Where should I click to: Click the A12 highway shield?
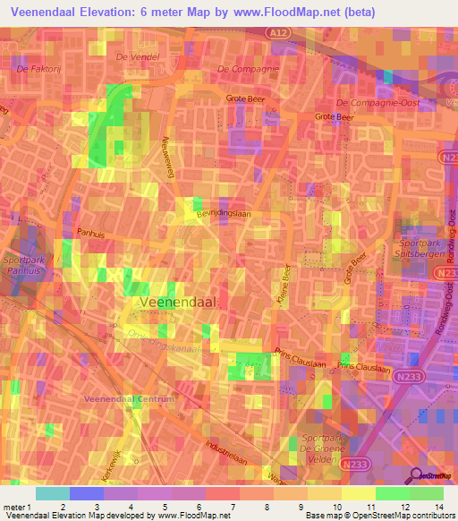click(x=282, y=31)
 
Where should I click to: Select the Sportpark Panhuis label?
click(x=24, y=265)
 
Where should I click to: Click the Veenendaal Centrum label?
click(x=129, y=397)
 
